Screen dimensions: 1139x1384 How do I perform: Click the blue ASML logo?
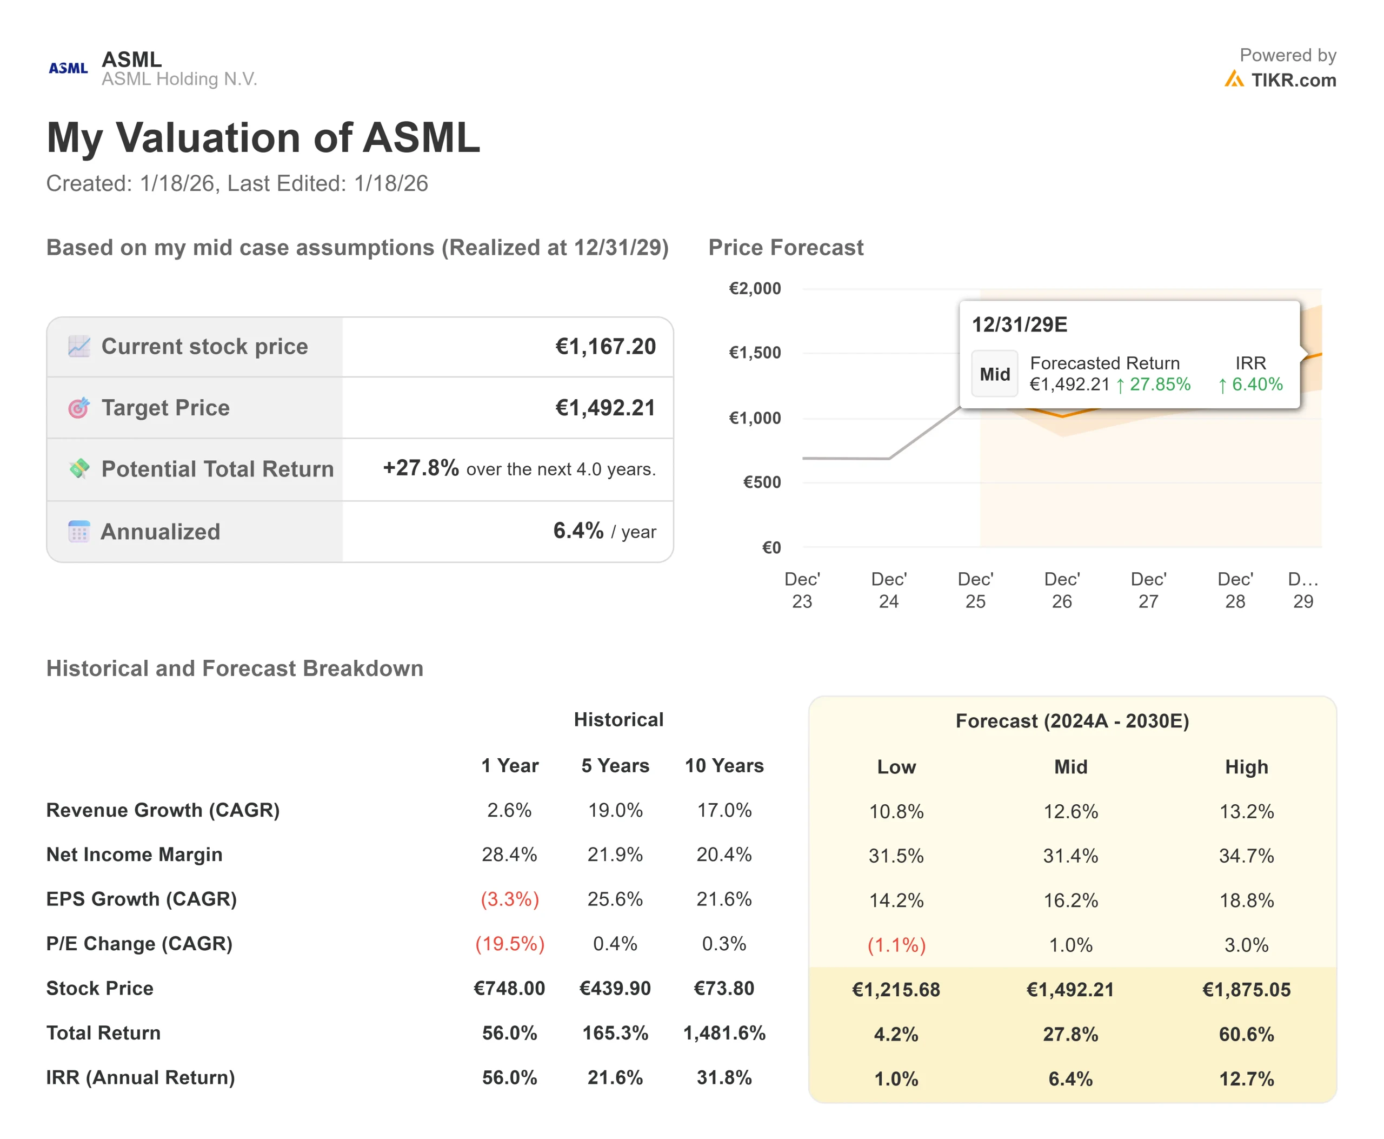68,68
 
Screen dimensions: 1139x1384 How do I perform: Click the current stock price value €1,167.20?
605,347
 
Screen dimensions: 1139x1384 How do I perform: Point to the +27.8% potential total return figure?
421,468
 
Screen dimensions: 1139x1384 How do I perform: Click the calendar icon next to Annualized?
79,532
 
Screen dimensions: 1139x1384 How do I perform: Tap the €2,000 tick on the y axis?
754,289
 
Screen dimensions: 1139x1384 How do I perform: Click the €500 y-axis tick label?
762,482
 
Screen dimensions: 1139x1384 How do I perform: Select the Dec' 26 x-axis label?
1061,590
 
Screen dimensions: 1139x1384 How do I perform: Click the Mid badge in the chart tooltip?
994,374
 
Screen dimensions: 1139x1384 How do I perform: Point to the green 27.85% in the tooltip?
1159,385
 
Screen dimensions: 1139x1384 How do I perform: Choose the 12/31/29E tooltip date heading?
1019,325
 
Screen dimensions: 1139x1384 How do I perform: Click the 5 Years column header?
615,766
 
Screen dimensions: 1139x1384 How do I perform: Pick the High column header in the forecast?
1246,767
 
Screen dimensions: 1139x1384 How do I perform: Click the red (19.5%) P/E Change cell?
510,943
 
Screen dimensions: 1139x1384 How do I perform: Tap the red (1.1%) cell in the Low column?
896,945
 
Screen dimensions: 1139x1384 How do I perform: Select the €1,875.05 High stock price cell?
1246,989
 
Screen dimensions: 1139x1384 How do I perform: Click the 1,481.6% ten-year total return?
724,1032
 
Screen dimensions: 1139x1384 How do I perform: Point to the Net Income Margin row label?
135,855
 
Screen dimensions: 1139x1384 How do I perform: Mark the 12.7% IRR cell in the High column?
1246,1078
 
